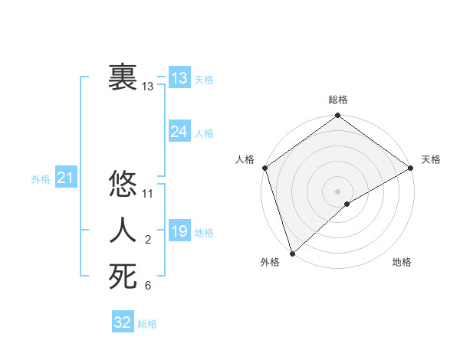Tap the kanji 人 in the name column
click(x=123, y=231)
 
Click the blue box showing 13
click(x=179, y=78)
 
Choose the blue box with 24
click(x=179, y=132)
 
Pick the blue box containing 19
click(x=179, y=231)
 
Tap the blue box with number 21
click(x=65, y=178)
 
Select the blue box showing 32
click(x=123, y=322)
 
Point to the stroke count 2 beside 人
click(x=148, y=241)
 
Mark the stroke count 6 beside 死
click(x=148, y=286)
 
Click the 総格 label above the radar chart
click(x=338, y=100)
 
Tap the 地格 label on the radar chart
click(x=402, y=262)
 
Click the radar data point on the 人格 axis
click(x=264, y=168)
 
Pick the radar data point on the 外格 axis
click(x=292, y=253)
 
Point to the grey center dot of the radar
click(x=337, y=191)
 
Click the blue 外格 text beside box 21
click(x=41, y=179)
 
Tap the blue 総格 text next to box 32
click(x=147, y=324)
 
